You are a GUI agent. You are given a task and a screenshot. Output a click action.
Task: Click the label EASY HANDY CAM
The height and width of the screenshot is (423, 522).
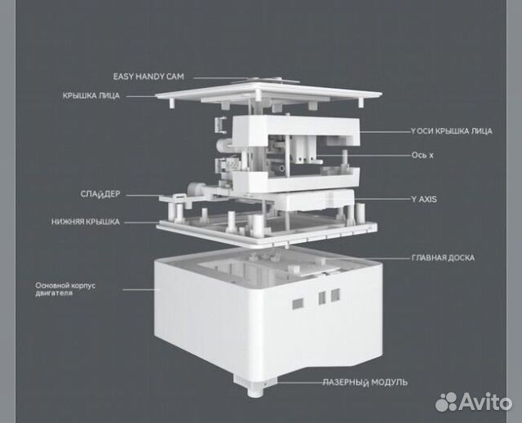click(x=148, y=77)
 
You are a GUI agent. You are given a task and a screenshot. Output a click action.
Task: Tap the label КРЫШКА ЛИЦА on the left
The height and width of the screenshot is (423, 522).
click(x=91, y=96)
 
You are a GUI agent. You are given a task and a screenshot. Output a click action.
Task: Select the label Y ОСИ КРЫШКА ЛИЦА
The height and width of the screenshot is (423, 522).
click(x=451, y=131)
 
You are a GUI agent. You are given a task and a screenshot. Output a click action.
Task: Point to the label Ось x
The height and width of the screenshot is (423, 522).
click(x=422, y=156)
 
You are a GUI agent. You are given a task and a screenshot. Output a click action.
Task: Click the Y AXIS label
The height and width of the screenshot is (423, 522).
click(x=424, y=200)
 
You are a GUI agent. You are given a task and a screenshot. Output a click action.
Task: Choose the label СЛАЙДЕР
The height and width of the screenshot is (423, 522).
click(x=100, y=194)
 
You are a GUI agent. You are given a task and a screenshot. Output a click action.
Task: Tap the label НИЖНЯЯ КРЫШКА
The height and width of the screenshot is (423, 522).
click(x=86, y=222)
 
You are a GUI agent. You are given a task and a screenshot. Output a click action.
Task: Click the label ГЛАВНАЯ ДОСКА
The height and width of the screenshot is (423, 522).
click(x=443, y=258)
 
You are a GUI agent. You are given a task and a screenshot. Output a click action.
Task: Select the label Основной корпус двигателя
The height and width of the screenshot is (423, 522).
click(x=65, y=289)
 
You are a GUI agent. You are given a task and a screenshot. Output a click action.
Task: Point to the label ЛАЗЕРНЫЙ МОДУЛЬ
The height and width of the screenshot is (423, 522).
click(x=365, y=382)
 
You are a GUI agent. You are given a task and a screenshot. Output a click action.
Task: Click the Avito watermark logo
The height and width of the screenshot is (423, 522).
click(x=474, y=402)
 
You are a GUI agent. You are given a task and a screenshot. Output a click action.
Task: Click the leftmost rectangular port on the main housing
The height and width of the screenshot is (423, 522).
click(x=298, y=303)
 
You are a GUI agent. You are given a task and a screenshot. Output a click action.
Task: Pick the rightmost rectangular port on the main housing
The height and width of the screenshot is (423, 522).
click(x=335, y=295)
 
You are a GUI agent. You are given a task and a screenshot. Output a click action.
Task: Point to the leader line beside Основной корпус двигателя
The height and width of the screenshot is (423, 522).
click(x=141, y=289)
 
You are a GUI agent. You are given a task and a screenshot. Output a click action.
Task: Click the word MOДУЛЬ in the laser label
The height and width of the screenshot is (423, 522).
click(x=389, y=382)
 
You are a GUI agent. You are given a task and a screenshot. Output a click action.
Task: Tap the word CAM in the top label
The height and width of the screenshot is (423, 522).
click(x=175, y=77)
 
